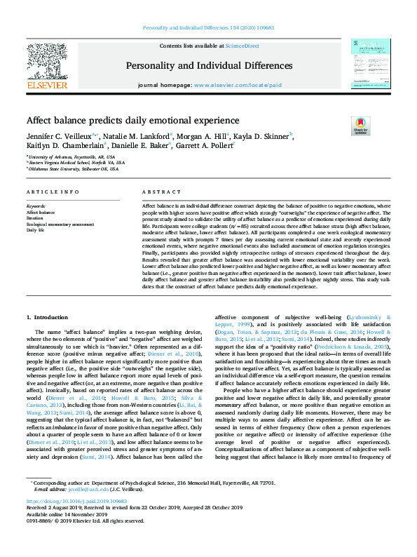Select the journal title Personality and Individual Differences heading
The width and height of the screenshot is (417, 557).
coord(209,65)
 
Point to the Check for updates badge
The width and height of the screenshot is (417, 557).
coord(360,126)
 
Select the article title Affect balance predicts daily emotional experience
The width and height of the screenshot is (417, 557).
coord(132,121)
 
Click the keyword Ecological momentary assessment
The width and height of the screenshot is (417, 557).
coord(60,224)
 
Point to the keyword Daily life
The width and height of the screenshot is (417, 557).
coord(36,229)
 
